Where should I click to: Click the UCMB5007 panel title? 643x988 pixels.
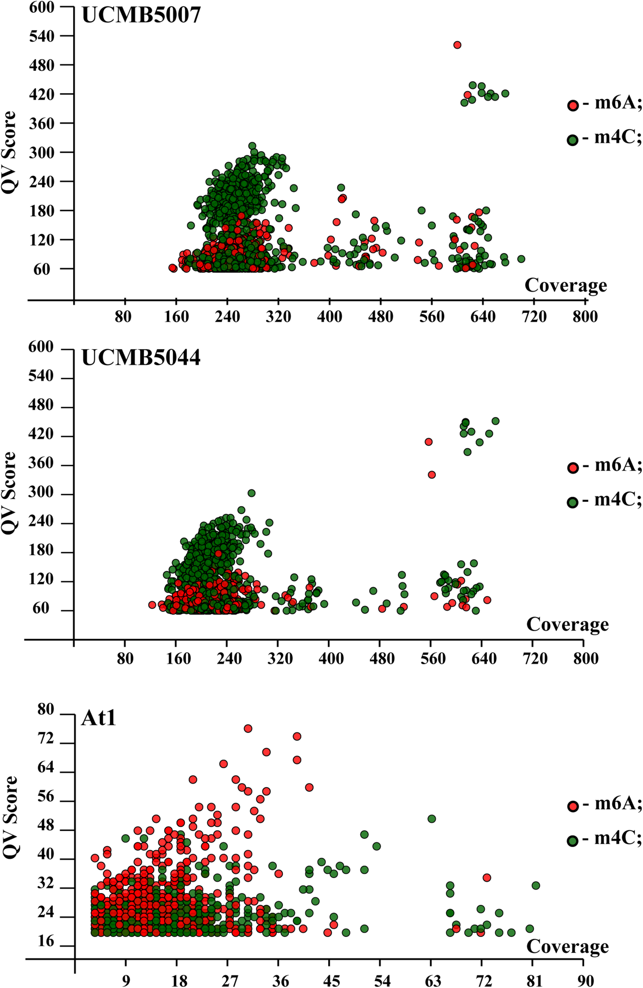pyautogui.click(x=141, y=16)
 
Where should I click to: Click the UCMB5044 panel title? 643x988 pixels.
pyautogui.click(x=141, y=357)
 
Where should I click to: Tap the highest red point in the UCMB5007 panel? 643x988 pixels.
pyautogui.click(x=457, y=45)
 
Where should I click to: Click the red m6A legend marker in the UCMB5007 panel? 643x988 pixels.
pyautogui.click(x=573, y=106)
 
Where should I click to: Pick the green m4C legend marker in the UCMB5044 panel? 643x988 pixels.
pyautogui.click(x=573, y=502)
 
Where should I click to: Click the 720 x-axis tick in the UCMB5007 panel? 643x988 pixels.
pyautogui.click(x=535, y=318)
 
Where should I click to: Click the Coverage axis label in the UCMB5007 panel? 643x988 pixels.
pyautogui.click(x=566, y=286)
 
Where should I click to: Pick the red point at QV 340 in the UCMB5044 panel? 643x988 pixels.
pyautogui.click(x=431, y=475)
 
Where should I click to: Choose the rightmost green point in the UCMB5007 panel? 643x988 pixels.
pyautogui.click(x=521, y=259)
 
